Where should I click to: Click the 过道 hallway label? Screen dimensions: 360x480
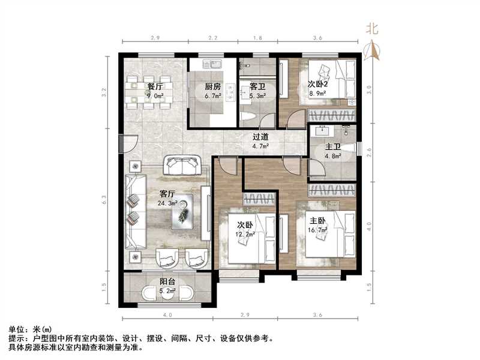tap(260, 136)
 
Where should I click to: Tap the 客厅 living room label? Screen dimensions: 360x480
tap(167, 194)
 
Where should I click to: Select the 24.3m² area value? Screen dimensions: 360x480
tap(167, 203)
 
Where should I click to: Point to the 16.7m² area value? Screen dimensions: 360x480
tap(319, 229)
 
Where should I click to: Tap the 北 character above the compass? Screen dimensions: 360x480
tap(373, 28)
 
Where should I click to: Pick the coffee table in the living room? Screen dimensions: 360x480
tap(187, 212)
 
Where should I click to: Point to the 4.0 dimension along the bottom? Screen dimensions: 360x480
tap(167, 314)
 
